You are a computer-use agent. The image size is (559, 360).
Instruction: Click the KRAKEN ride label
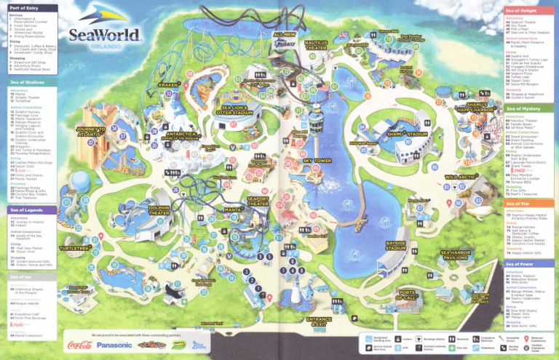click(168, 85)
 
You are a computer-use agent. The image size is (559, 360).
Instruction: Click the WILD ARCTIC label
click(461, 177)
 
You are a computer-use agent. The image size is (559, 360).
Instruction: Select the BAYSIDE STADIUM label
click(395, 247)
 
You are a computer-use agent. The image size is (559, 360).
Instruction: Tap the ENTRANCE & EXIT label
click(320, 321)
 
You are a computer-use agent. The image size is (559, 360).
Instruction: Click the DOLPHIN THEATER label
click(159, 211)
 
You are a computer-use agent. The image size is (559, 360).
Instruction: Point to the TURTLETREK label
click(75, 248)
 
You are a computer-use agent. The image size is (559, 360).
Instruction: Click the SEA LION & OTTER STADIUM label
click(235, 111)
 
